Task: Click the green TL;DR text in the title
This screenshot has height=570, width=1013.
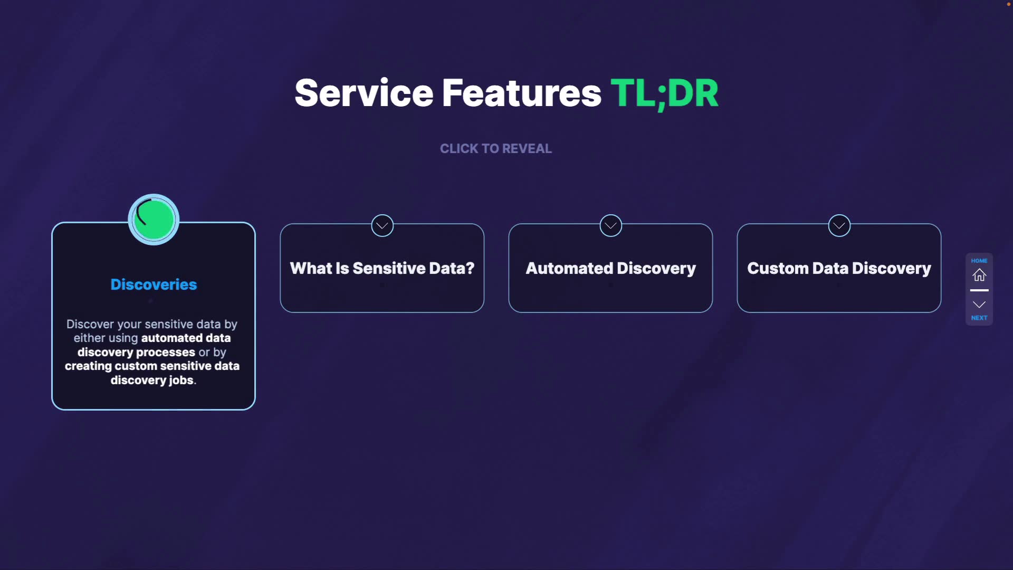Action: pos(664,93)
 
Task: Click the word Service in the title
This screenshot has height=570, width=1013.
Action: pos(364,93)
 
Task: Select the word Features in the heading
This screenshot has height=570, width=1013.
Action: pos(521,93)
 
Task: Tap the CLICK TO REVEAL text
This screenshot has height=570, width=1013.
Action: pos(496,149)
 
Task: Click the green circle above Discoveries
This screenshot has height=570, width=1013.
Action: pos(154,220)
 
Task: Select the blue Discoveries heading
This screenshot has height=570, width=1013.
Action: pos(154,284)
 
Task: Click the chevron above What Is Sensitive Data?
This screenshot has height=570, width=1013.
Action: pos(382,226)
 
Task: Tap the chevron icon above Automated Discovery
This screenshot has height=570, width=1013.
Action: pos(610,226)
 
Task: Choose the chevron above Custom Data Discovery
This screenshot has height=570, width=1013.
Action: pos(839,226)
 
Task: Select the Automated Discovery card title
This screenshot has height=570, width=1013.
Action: pos(610,268)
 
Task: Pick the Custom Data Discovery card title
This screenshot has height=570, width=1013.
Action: pos(839,268)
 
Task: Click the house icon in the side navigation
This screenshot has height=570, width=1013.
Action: pos(979,275)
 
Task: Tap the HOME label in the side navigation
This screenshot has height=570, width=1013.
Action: pos(979,261)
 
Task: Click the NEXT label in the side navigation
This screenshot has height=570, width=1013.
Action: pos(979,318)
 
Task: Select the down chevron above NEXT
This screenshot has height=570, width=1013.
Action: pos(979,305)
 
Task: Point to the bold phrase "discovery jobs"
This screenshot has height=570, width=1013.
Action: pos(152,380)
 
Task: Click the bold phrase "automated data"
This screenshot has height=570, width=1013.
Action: pos(186,338)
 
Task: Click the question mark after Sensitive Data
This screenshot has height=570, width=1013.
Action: pos(470,268)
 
